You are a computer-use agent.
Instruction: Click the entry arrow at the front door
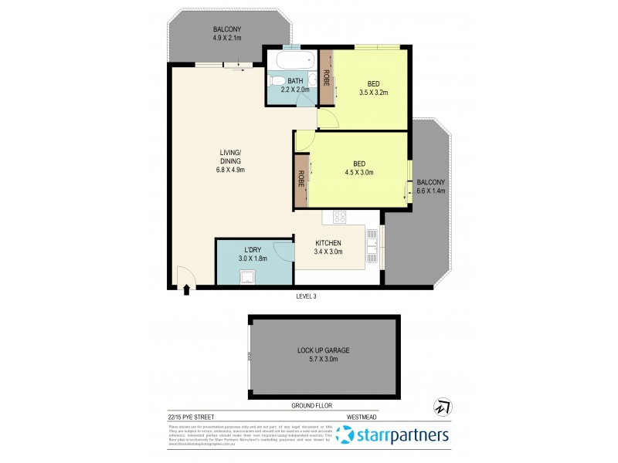click(x=186, y=290)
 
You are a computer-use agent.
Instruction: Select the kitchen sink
click(x=372, y=247)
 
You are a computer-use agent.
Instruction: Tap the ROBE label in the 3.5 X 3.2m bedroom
click(x=327, y=76)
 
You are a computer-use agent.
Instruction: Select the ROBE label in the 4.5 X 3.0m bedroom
click(x=301, y=179)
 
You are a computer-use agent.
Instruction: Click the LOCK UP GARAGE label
click(x=324, y=351)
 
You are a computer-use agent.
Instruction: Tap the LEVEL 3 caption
click(x=307, y=295)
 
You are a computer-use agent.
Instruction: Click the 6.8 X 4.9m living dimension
click(x=229, y=170)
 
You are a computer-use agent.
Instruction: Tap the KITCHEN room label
click(x=328, y=242)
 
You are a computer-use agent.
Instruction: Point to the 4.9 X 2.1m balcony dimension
click(x=227, y=37)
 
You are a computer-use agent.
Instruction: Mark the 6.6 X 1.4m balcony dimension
click(x=431, y=191)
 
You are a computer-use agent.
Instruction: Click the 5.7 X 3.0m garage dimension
click(x=324, y=360)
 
